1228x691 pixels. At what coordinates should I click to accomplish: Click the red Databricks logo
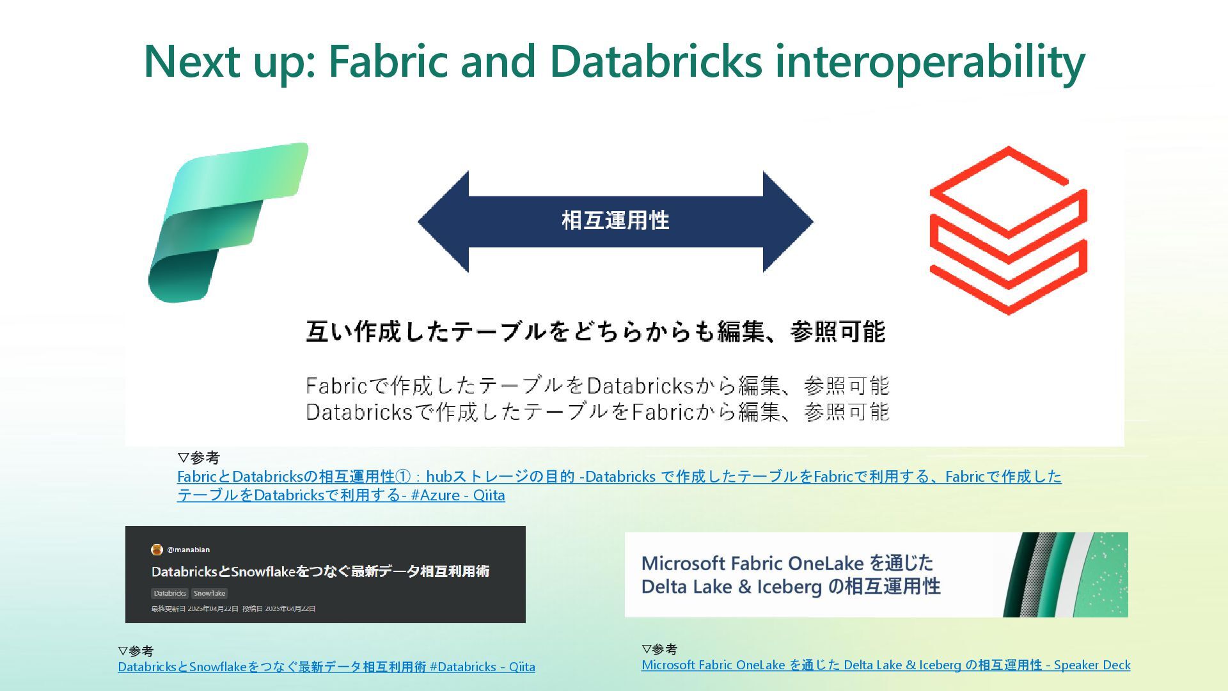1008,230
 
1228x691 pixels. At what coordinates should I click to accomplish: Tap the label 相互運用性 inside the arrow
615,221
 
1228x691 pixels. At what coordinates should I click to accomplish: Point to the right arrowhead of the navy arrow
787,221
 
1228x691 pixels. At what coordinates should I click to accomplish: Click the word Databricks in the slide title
655,61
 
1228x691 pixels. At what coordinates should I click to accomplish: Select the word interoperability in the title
930,61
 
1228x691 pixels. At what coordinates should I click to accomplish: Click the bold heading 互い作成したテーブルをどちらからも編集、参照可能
595,331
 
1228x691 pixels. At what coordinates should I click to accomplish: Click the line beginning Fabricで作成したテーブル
597,386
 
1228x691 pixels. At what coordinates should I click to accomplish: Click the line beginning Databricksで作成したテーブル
597,411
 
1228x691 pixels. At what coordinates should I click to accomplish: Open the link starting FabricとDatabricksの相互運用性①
619,477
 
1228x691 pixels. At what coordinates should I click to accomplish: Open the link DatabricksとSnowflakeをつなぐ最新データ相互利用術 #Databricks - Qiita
326,667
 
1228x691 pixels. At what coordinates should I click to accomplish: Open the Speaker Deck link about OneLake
886,665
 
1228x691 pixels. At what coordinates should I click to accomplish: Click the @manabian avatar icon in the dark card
157,550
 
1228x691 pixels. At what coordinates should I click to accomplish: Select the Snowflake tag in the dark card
209,593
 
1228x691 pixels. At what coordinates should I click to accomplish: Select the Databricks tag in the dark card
169,593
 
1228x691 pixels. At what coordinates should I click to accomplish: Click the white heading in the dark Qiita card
320,571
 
